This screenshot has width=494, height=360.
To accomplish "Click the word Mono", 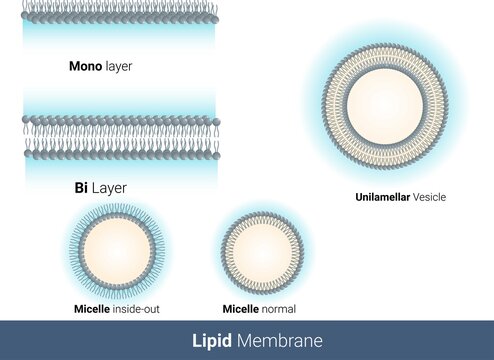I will [84, 67].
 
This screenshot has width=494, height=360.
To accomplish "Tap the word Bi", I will [83, 187].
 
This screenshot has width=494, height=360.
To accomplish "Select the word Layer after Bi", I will [109, 187].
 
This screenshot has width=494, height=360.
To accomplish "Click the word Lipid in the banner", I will [211, 340].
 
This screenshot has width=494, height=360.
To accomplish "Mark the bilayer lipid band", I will [120, 137].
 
